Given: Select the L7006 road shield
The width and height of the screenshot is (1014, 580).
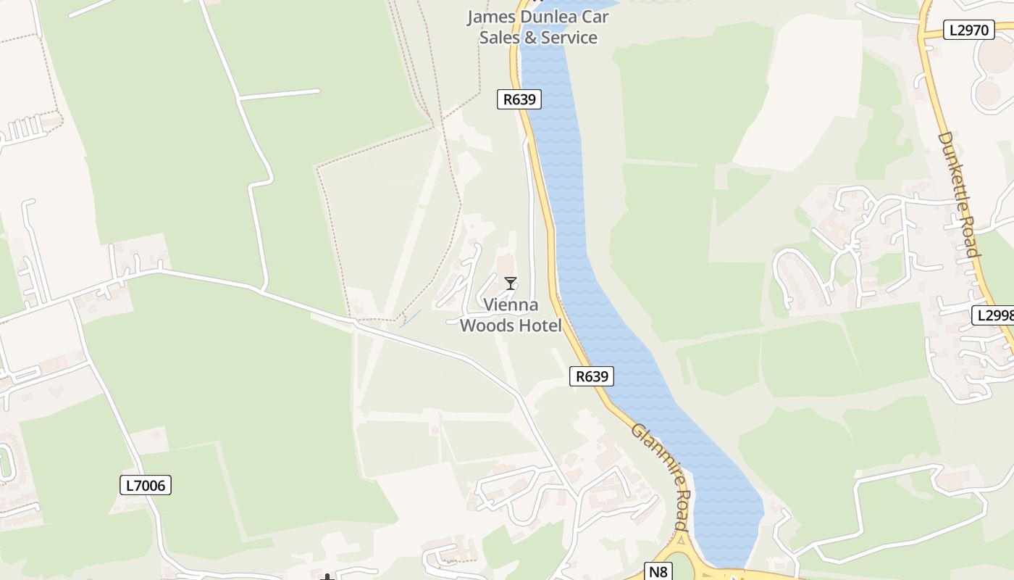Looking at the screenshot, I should point(146,486).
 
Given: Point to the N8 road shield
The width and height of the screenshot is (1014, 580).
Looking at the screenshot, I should point(658,571).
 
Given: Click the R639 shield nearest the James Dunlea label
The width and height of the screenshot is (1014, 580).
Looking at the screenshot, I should point(519,99).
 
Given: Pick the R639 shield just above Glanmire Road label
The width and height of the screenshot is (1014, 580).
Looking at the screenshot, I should point(591,376).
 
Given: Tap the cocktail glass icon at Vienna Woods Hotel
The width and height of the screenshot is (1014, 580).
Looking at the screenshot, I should point(511,283).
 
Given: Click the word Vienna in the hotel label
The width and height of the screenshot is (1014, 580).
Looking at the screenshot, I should point(511,305).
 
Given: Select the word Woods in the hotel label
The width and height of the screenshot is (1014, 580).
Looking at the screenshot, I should point(486,326).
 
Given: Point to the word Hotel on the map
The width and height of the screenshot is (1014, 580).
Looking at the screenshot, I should point(538,326).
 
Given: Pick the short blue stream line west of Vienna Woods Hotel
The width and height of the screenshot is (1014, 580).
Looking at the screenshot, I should point(410,318).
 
